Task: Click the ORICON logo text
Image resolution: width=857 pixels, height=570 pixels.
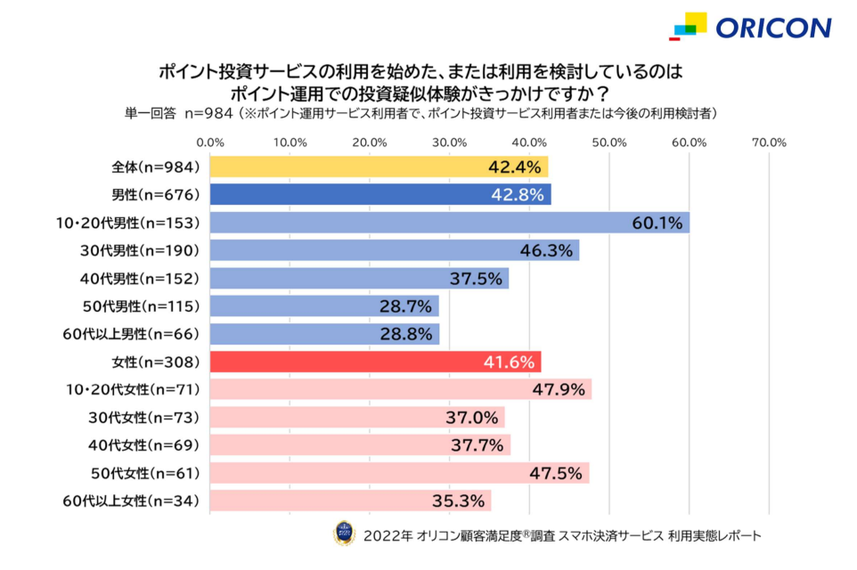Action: pyautogui.click(x=772, y=28)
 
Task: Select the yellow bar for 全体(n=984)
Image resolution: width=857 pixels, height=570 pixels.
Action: pyautogui.click(x=379, y=167)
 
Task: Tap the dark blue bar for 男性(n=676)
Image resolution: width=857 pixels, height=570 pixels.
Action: pyautogui.click(x=380, y=194)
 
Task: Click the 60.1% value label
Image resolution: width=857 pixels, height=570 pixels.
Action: pyautogui.click(x=657, y=223)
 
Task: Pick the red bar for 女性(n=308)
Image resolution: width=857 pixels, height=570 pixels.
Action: pyautogui.click(x=375, y=362)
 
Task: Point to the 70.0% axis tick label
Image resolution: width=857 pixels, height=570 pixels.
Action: pyautogui.click(x=768, y=142)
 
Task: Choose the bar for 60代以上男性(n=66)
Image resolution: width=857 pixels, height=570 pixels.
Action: pyautogui.click(x=324, y=334)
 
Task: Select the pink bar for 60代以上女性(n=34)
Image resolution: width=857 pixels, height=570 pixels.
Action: pyautogui.click(x=350, y=501)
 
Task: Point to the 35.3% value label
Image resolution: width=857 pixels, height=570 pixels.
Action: pyautogui.click(x=464, y=501)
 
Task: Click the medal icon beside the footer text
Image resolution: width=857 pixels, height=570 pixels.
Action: pyautogui.click(x=344, y=533)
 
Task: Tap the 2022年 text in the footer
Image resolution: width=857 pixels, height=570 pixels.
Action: pyautogui.click(x=387, y=536)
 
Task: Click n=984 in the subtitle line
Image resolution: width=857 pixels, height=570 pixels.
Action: pyautogui.click(x=208, y=113)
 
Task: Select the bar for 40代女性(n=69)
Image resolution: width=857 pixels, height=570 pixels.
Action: pyautogui.click(x=360, y=444)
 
